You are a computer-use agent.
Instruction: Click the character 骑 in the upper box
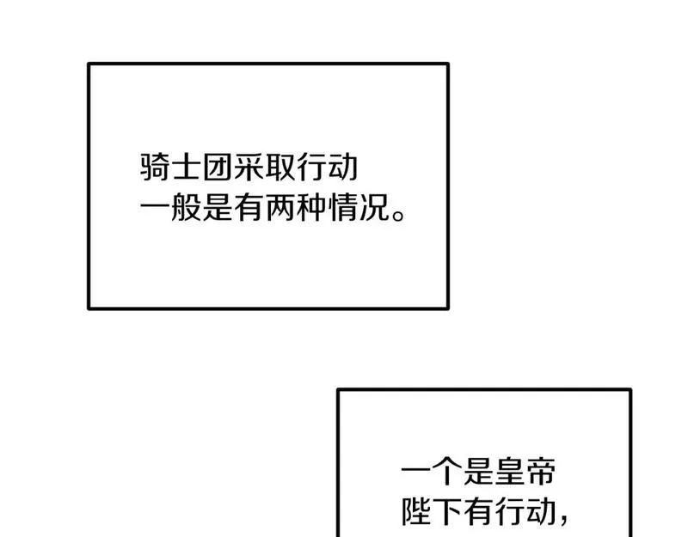click(x=154, y=168)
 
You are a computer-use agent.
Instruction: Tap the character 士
click(x=186, y=168)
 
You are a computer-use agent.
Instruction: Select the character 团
click(x=217, y=168)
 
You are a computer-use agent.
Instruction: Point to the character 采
click(x=248, y=168)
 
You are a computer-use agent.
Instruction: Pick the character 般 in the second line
click(x=185, y=209)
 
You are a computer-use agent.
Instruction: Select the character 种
click(x=310, y=209)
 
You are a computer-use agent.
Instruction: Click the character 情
click(x=341, y=209)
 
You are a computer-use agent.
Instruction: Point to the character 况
click(x=372, y=209)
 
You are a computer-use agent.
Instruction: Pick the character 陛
click(x=417, y=513)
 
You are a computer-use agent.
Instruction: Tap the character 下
click(x=448, y=513)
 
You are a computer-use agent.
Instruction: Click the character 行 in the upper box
click(x=310, y=168)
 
